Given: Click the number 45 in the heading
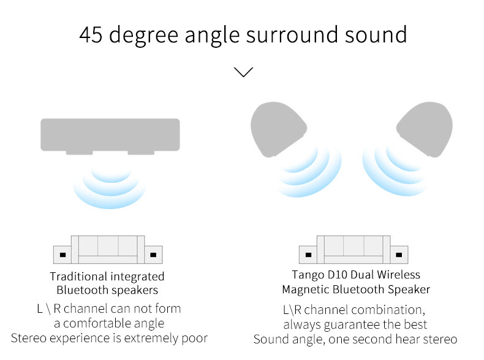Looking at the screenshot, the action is click(91, 34).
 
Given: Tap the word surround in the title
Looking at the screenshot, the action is click(292, 34).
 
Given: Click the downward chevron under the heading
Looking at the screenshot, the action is click(244, 72).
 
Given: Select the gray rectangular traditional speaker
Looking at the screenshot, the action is click(110, 135).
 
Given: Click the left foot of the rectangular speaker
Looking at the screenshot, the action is click(79, 153).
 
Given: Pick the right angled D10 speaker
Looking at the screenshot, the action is click(425, 129).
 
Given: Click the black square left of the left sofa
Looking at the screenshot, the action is click(62, 255).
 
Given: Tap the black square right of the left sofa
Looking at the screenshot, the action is click(153, 255).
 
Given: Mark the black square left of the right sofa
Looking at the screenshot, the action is click(308, 255).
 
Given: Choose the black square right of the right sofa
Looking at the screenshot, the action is click(399, 255).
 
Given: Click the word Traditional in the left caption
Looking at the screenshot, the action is click(78, 276).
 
